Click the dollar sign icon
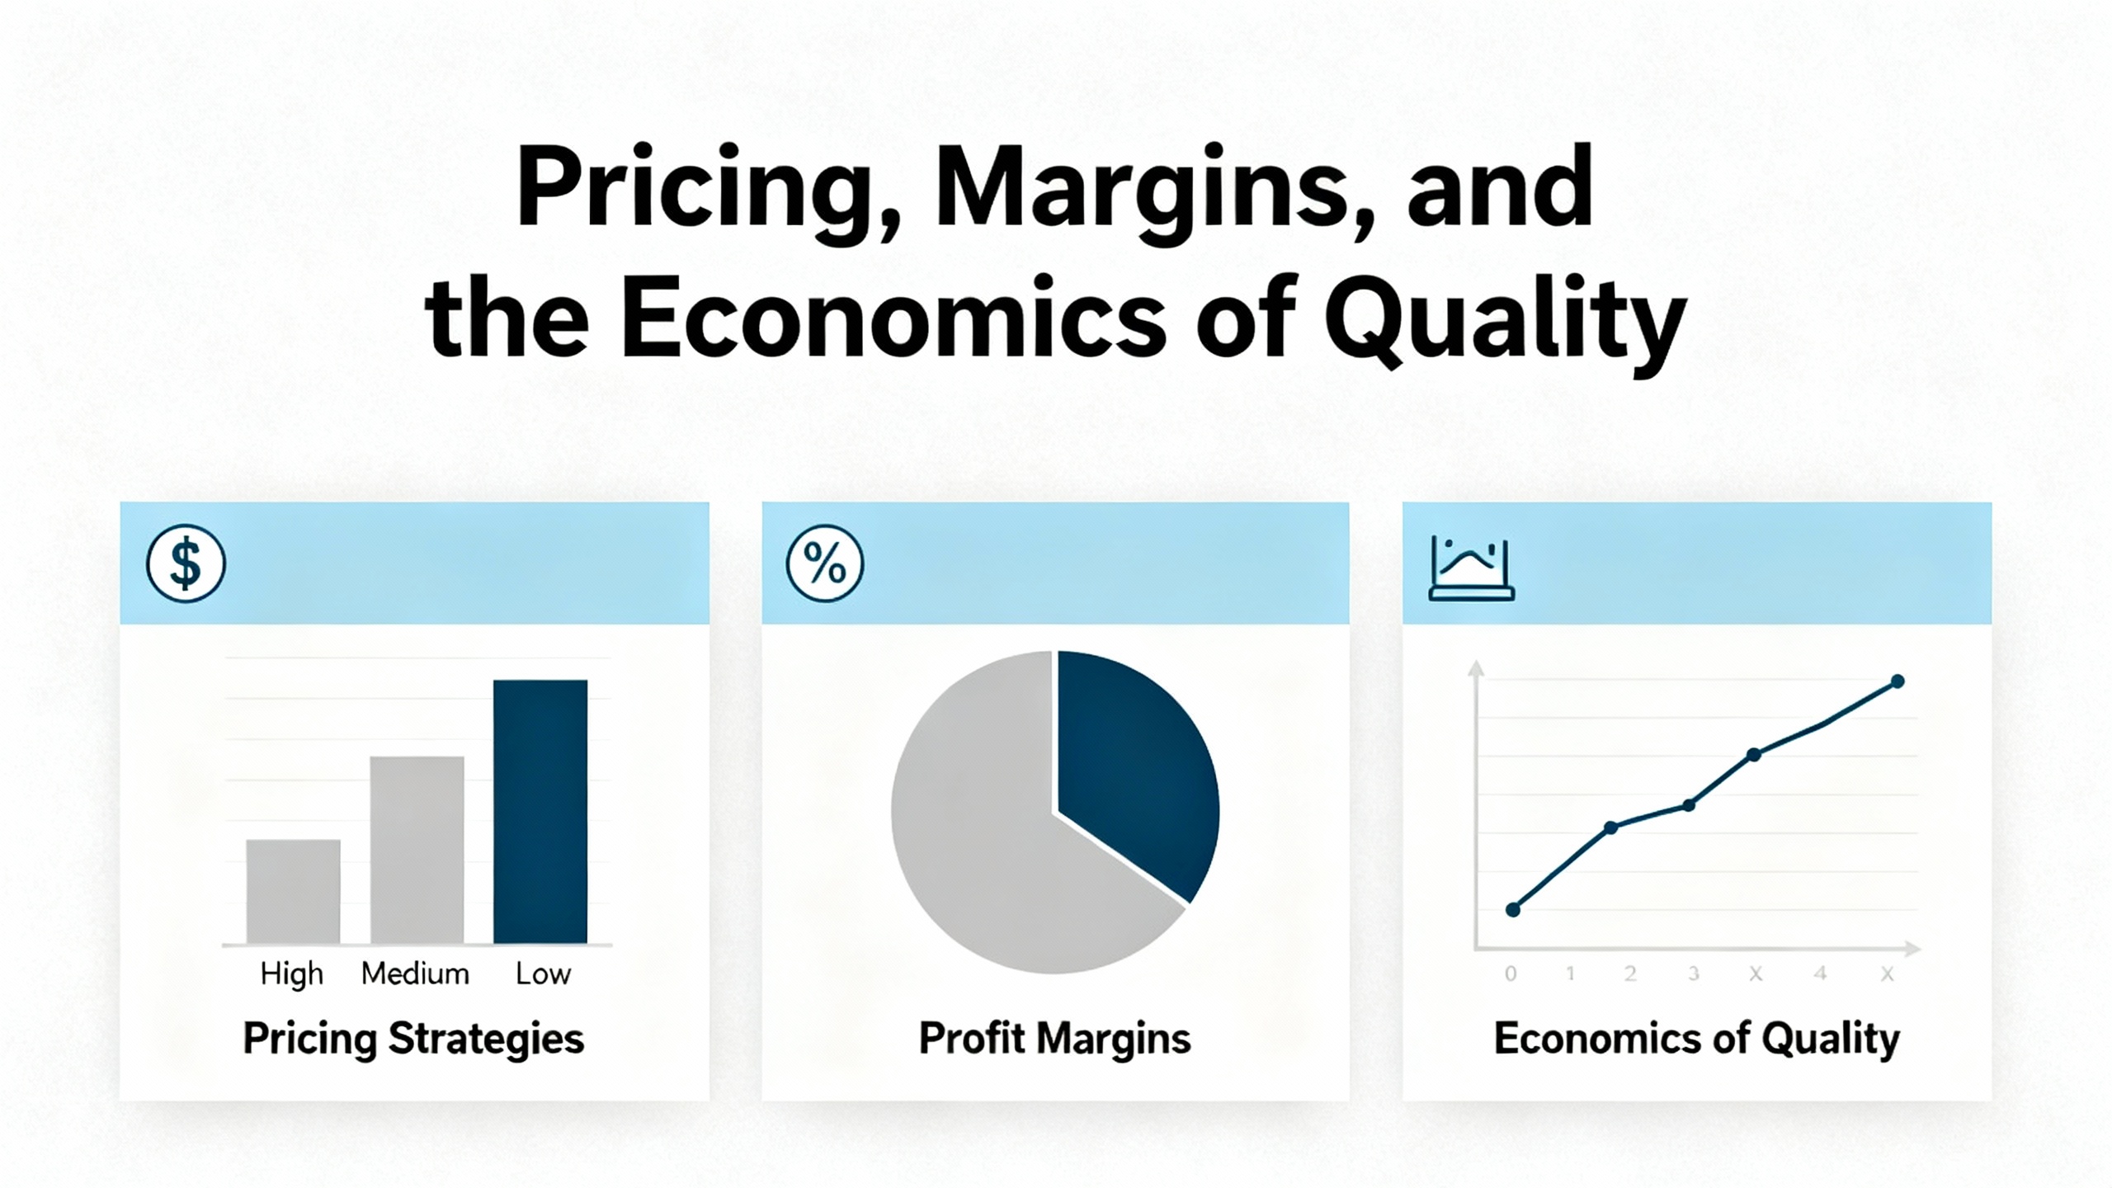coord(186,563)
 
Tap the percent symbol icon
coord(825,563)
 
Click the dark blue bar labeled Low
coord(540,811)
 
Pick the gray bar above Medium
coord(417,850)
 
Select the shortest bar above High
coord(293,891)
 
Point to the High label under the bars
coord(291,974)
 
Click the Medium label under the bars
coord(415,973)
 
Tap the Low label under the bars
coord(543,973)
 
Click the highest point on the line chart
coord(1897,681)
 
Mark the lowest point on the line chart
coord(1513,910)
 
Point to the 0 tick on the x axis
coord(1511,973)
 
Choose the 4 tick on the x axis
coord(1820,973)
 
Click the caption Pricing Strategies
coord(413,1039)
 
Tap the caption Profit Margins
coord(1054,1039)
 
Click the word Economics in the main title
coord(893,319)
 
